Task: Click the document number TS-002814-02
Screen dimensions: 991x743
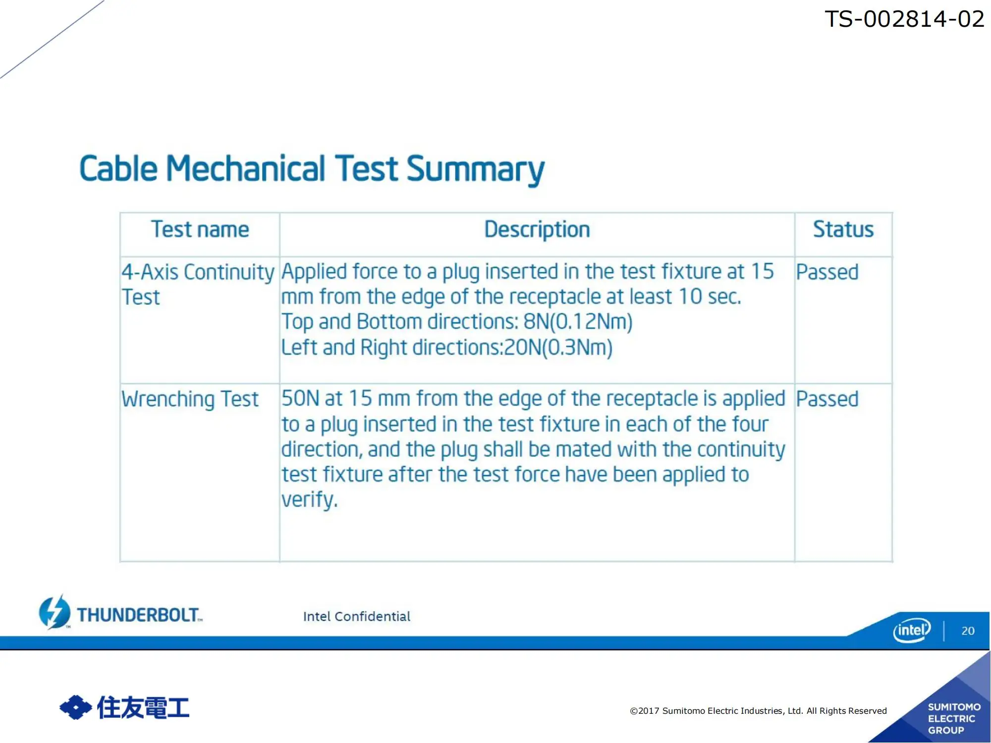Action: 904,19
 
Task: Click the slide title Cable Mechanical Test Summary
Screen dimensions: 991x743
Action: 312,169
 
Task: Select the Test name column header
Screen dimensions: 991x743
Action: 200,230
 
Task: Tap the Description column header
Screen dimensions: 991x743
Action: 537,230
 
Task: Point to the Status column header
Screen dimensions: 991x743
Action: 843,230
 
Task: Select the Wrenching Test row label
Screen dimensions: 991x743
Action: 190,399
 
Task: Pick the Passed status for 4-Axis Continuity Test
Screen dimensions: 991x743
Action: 827,272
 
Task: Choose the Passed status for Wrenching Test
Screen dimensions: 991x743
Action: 827,399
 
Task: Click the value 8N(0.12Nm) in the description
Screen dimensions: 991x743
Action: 578,322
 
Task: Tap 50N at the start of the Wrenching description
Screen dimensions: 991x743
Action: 301,399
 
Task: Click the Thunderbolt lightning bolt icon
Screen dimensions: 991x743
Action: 55,612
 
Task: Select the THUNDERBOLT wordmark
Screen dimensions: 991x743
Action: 139,615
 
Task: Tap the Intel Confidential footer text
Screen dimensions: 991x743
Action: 357,617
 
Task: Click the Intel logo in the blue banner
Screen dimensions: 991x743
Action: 912,630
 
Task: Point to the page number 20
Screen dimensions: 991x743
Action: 968,631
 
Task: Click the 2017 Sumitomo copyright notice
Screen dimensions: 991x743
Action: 758,711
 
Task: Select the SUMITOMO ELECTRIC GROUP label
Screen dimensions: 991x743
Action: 953,719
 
